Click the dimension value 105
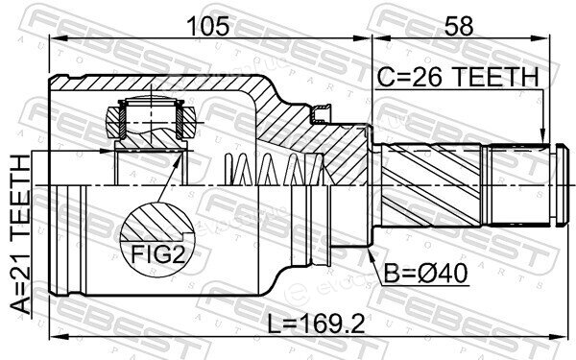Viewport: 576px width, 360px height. [x=207, y=26]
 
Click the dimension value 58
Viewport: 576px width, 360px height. [x=459, y=26]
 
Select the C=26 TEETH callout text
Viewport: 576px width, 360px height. [x=458, y=77]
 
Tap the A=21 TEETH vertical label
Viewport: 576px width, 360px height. [x=20, y=234]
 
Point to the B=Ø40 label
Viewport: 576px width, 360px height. [x=426, y=274]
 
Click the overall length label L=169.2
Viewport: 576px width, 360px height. [x=316, y=324]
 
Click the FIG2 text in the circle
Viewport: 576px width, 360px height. [x=158, y=253]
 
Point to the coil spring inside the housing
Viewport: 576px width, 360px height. [x=275, y=170]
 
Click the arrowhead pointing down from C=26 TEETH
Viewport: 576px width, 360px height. [x=541, y=136]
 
